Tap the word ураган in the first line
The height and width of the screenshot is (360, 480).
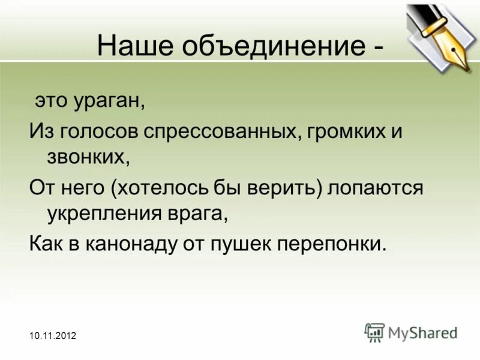109,100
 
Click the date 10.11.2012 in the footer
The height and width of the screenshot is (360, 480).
52,337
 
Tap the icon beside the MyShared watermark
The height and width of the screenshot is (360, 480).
374,332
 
